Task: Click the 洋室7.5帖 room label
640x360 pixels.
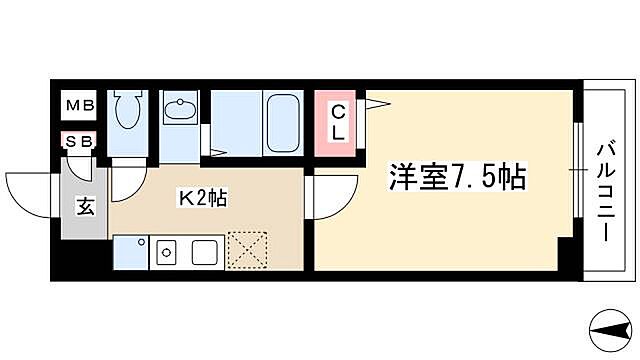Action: tap(456, 177)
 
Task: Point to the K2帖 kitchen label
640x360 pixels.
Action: tap(204, 198)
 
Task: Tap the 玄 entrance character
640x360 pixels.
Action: tap(85, 208)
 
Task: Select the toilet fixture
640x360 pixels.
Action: tap(126, 112)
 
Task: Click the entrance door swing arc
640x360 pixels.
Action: tap(30, 194)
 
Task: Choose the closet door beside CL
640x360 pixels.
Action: tap(375, 107)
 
